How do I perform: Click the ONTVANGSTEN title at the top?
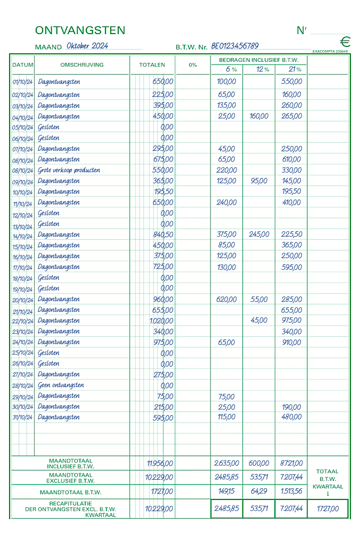click(x=80, y=30)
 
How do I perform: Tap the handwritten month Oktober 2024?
click(x=87, y=46)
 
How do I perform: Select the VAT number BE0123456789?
click(x=235, y=46)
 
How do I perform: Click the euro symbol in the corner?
click(x=345, y=42)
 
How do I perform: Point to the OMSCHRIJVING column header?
click(x=82, y=65)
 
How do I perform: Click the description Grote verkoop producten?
click(x=69, y=171)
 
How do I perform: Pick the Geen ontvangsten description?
click(x=61, y=385)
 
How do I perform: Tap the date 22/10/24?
click(x=22, y=321)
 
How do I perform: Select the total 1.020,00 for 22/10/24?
click(x=161, y=321)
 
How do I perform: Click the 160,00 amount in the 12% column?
click(x=259, y=116)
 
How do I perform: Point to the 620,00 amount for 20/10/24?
click(x=226, y=300)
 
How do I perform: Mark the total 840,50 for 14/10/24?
click(x=162, y=235)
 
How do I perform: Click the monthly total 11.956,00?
click(x=160, y=464)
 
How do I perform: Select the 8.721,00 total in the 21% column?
click(x=291, y=464)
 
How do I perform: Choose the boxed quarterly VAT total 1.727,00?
click(x=328, y=509)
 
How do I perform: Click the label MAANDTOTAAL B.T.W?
click(x=70, y=492)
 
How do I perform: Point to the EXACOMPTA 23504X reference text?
click(x=330, y=52)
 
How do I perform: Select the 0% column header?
click(x=193, y=65)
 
